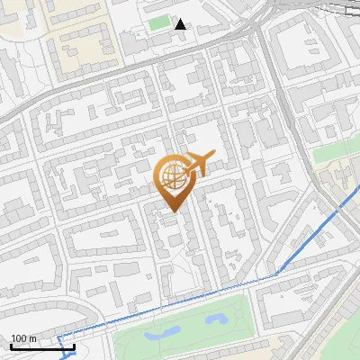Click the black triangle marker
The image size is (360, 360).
pos(181,23)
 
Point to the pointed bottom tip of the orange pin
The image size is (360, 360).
pos(173,212)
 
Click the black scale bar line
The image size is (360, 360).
pos(42,346)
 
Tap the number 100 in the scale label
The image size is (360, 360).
pos(19,339)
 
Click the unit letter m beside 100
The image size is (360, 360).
pos(32,339)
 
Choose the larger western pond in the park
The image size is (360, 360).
pos(162,332)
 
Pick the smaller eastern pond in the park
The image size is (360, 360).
pos(216,319)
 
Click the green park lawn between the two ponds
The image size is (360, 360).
pos(191,326)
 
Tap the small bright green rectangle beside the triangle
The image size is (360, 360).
pos(159,22)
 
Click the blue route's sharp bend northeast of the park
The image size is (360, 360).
pos(275,272)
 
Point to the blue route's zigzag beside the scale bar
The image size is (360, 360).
pos(63,346)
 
